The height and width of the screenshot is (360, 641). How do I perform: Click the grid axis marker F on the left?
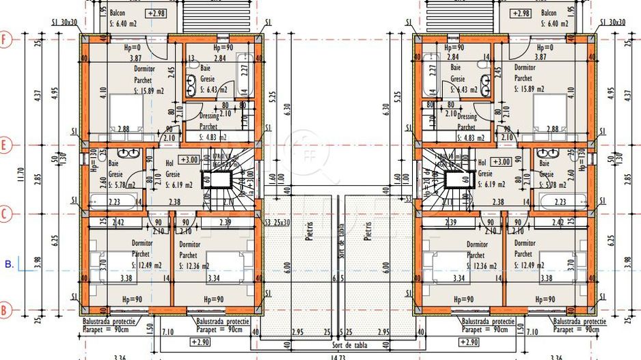pyautogui.click(x=5, y=39)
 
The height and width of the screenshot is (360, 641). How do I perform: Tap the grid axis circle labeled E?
pyautogui.click(x=5, y=145)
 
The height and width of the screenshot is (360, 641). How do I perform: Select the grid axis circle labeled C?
pyautogui.click(x=5, y=214)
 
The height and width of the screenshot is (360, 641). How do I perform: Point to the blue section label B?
pyautogui.click(x=8, y=262)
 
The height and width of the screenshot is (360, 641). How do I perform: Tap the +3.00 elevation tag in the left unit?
pyautogui.click(x=189, y=160)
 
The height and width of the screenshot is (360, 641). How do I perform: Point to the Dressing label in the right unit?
pyautogui.click(x=466, y=117)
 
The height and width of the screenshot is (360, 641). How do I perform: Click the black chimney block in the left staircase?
pyautogui.click(x=219, y=180)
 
